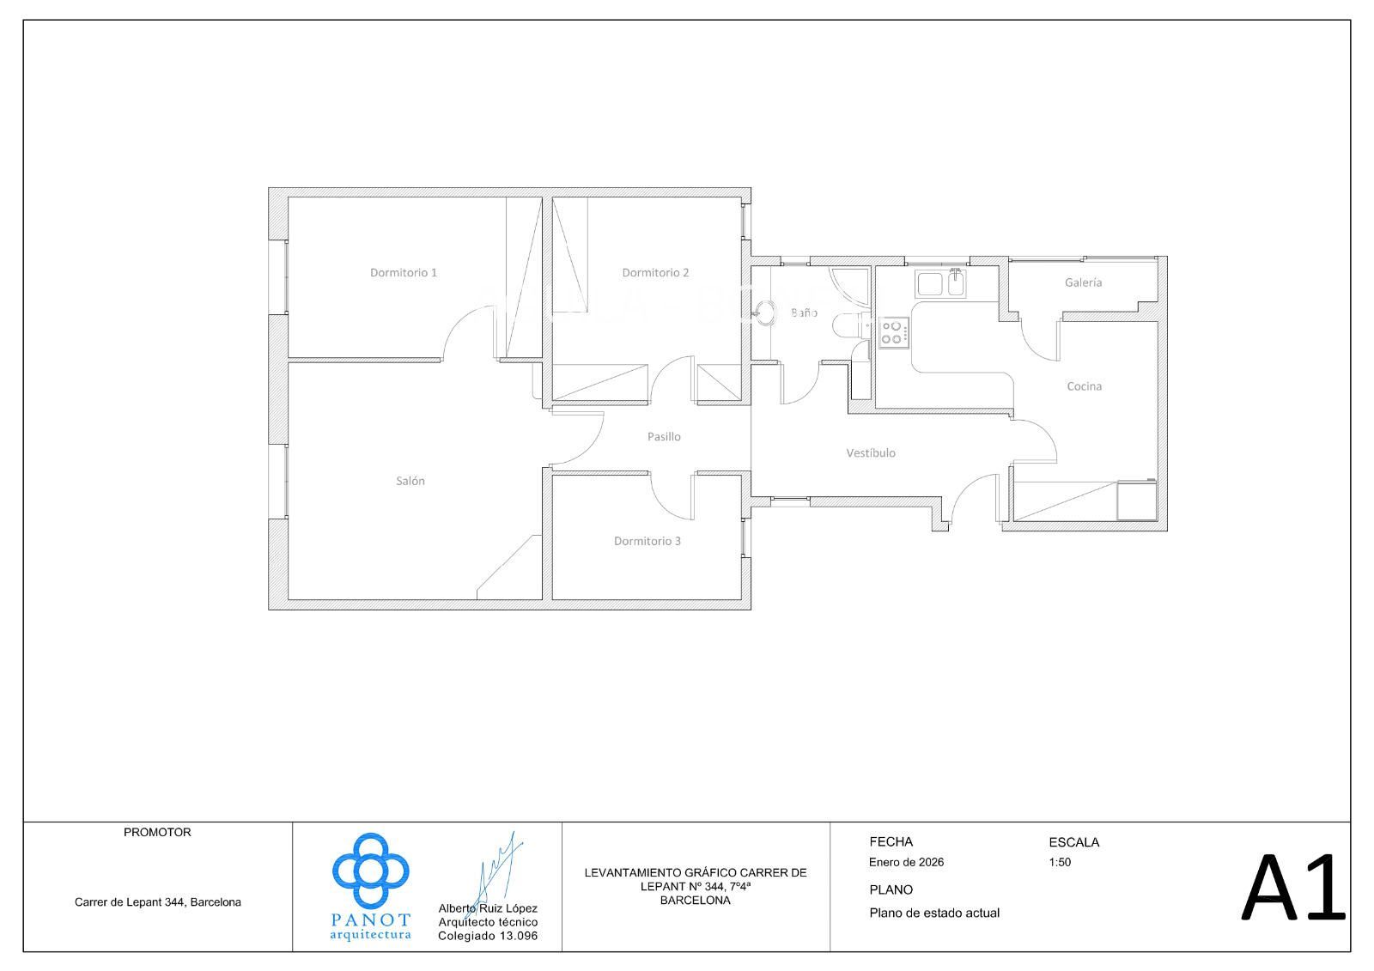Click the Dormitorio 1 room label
[403, 272]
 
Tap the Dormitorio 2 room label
[655, 272]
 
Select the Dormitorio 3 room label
[647, 541]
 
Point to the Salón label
[410, 481]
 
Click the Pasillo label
[664, 437]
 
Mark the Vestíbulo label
[871, 453]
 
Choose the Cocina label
[1084, 386]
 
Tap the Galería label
[1083, 282]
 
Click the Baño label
[804, 313]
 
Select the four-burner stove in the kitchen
[893, 333]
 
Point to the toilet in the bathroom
[851, 325]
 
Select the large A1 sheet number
[1293, 887]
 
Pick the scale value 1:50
[1060, 862]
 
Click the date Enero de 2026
[906, 862]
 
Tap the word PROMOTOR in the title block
[157, 833]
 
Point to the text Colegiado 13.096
[488, 936]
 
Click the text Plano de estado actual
[934, 913]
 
